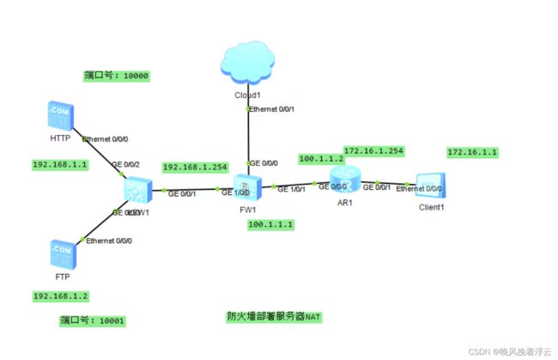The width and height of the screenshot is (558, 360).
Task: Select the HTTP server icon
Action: click(x=60, y=117)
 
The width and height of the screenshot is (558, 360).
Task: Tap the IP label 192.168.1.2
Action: click(x=60, y=296)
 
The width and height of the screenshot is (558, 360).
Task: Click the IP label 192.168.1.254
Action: click(x=193, y=167)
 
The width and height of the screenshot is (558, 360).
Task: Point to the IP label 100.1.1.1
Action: click(x=270, y=224)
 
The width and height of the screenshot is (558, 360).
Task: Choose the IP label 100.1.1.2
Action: click(x=321, y=158)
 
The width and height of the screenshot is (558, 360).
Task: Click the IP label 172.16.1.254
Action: click(x=373, y=150)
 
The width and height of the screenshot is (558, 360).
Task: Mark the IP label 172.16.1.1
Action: click(x=473, y=153)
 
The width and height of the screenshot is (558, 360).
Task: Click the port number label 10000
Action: click(x=117, y=76)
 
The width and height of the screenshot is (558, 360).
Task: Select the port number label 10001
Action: click(x=93, y=320)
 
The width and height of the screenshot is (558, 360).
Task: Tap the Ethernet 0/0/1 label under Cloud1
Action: click(x=274, y=109)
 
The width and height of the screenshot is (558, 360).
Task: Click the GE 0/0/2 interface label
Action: click(x=126, y=163)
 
